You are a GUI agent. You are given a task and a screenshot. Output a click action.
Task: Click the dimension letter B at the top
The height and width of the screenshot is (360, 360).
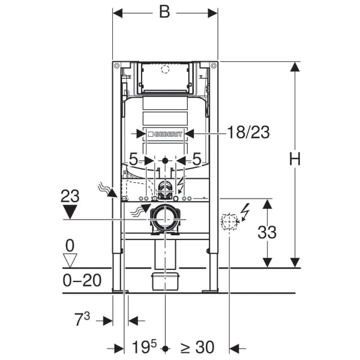164,13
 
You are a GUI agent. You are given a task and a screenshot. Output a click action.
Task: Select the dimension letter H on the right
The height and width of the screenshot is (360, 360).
295,159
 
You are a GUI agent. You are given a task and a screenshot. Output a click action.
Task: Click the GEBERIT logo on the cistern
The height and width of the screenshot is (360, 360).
165,134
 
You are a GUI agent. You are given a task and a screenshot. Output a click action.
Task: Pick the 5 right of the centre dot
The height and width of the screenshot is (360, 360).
197,160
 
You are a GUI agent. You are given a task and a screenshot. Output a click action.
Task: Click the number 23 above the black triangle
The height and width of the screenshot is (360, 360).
70,195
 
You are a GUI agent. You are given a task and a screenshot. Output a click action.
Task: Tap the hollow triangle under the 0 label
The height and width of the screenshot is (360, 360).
71,260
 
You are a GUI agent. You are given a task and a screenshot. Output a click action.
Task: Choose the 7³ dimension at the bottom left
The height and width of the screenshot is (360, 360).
82,320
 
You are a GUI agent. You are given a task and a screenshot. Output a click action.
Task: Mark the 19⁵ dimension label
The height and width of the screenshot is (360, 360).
145,347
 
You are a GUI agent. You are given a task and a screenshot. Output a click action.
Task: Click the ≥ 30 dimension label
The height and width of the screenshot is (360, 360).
198,347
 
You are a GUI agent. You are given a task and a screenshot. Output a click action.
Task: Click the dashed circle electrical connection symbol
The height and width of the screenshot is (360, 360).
229,221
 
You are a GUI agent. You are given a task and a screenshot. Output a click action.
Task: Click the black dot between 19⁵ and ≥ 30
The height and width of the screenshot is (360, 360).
165,348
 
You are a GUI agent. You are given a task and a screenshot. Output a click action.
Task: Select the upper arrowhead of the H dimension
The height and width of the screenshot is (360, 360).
295,67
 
